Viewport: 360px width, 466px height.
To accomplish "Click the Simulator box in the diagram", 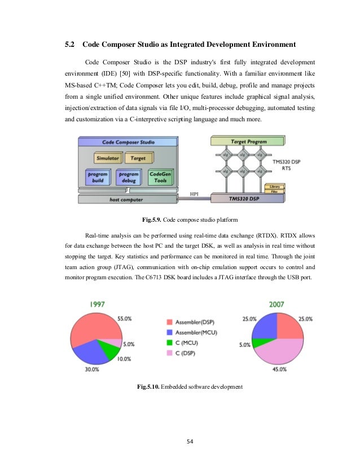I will [106, 159].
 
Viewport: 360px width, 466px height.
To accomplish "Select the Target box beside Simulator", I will [134, 159].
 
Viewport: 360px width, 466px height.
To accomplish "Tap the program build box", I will [97, 178].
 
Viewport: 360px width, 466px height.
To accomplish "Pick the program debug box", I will [128, 178].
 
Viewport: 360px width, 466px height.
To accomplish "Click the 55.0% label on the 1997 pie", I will [125, 319].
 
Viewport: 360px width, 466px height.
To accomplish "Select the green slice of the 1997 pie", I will [110, 350].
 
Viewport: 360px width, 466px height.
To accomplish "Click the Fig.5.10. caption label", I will [149, 386].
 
